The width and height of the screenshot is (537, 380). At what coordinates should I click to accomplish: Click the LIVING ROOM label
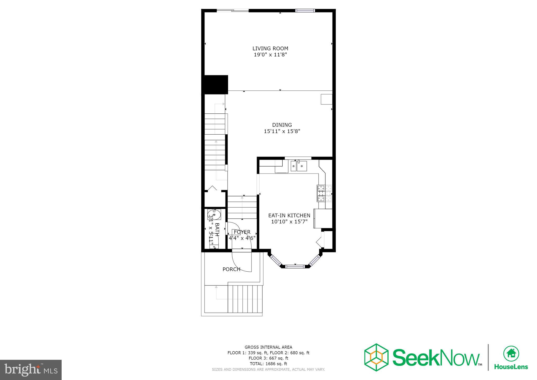tap(270, 49)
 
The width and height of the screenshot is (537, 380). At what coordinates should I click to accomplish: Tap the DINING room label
tap(282, 125)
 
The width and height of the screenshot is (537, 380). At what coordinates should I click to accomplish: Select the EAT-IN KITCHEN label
tap(289, 215)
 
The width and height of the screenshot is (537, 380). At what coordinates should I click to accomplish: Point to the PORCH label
tap(231, 269)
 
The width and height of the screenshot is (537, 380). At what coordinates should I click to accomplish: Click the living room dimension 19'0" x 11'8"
tap(270, 55)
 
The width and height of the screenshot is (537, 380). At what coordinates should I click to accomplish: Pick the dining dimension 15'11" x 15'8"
tap(282, 131)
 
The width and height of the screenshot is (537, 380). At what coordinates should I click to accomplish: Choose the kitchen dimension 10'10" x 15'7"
tap(289, 222)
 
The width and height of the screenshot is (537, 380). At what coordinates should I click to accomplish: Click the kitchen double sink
tap(299, 166)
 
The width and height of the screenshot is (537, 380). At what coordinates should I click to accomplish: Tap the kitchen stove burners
tap(324, 193)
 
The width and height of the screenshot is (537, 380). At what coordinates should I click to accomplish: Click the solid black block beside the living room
tap(216, 85)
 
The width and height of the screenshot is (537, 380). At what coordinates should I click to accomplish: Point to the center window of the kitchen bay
tap(295, 267)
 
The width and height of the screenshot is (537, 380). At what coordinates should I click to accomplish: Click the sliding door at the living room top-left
tap(233, 10)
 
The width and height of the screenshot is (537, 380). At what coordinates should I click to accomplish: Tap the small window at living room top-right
tap(305, 10)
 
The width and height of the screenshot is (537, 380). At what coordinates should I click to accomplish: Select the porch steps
tap(245, 299)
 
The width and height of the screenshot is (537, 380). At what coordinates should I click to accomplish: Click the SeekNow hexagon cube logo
tap(376, 357)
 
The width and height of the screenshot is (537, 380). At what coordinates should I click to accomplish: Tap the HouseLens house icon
tap(511, 353)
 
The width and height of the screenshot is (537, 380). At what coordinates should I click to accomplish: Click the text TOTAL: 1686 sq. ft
tap(268, 364)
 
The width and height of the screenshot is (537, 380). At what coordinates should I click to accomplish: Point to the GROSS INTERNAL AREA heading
tap(268, 347)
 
